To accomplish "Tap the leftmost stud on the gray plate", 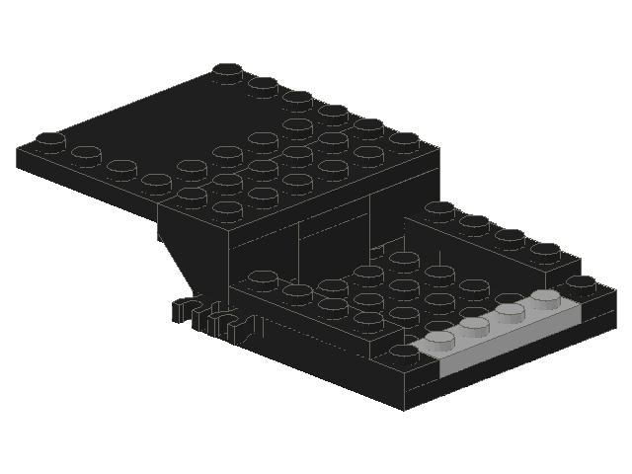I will coord(440,338).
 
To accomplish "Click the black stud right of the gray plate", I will coord(583,283).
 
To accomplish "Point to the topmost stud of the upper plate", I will coord(228,70).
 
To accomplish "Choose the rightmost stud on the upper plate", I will coord(404,140).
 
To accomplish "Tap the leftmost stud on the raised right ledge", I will coord(439,209).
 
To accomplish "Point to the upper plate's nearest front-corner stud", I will coord(227,209).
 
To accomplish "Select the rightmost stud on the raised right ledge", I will coord(544,250).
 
